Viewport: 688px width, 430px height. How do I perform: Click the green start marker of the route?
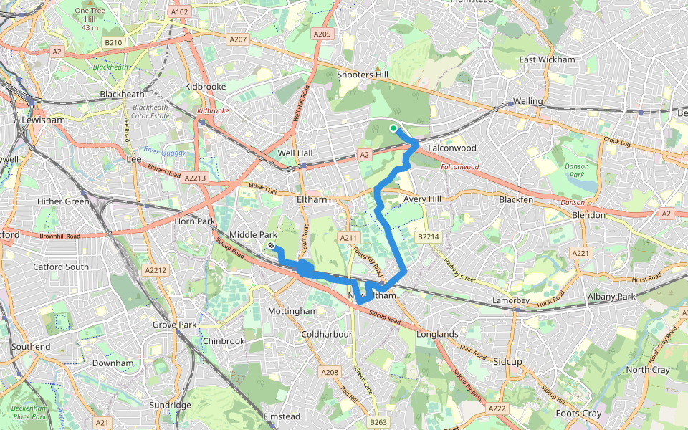pos(393,128)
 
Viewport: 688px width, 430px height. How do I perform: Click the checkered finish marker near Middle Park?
pos(272,246)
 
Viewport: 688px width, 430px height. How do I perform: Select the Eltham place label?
pos(312,199)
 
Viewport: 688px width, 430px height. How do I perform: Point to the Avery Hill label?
pos(421,199)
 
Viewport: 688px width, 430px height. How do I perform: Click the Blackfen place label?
pos(516,199)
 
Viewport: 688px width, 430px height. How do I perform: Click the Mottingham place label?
pos(292,312)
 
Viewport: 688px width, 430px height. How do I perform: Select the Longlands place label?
pos(436,334)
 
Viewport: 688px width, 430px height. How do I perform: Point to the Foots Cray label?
pos(578,414)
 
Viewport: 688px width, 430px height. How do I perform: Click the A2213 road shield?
pos(195,178)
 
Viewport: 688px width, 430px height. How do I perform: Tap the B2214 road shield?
pos(428,236)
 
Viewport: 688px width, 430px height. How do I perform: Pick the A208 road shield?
pos(329,372)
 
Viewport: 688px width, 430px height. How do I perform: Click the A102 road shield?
pos(180,11)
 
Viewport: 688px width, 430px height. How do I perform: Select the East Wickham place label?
pos(547,59)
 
